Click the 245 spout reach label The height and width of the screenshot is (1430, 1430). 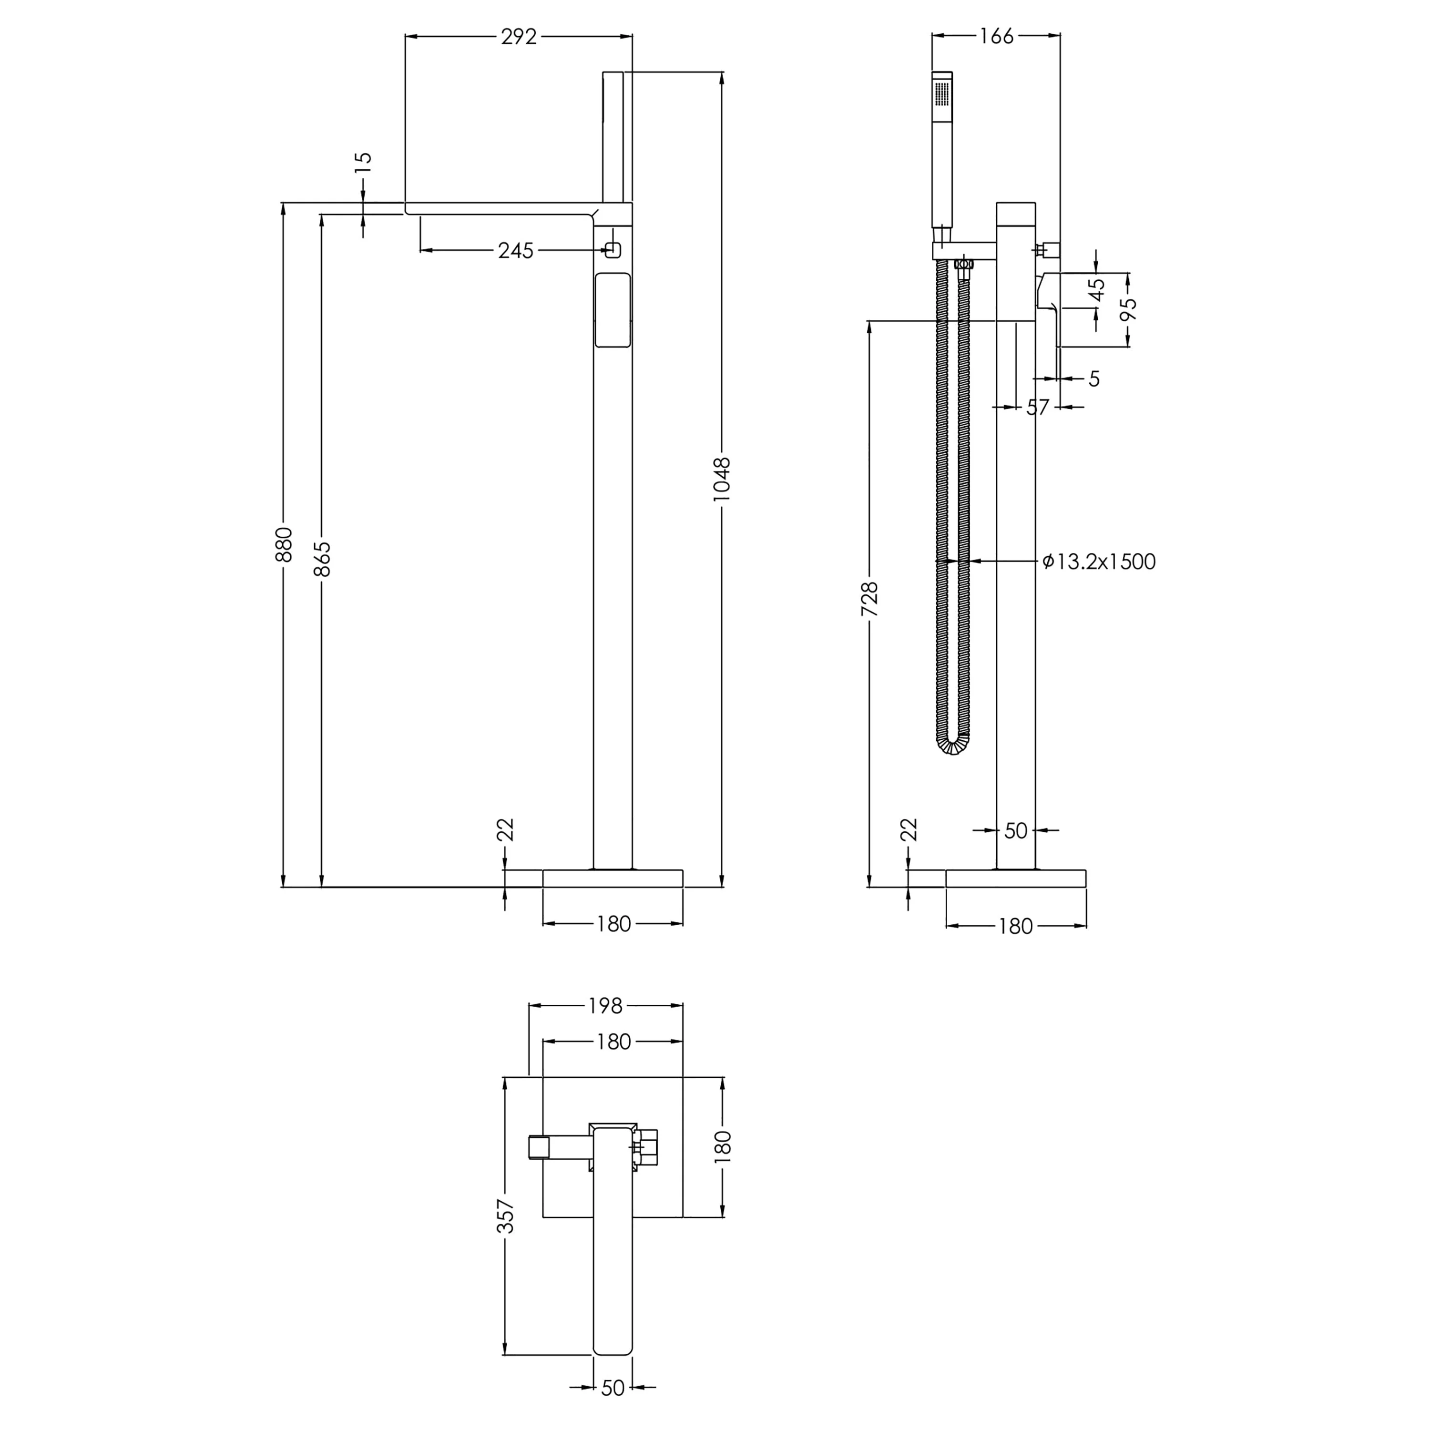[x=515, y=251]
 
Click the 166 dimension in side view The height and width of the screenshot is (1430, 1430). [x=996, y=36]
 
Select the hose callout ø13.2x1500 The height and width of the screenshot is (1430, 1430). [x=1098, y=562]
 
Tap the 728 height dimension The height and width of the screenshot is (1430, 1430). [x=870, y=600]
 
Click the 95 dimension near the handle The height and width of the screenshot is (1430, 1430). [x=1128, y=309]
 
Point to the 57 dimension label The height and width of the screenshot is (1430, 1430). [x=1038, y=407]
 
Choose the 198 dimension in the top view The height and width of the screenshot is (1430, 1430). [x=605, y=1006]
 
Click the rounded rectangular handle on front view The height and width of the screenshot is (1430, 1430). [x=613, y=309]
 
